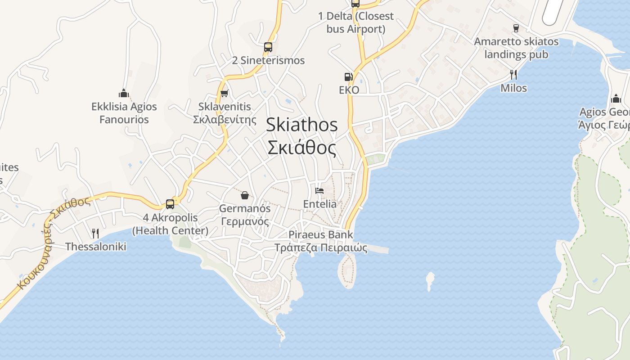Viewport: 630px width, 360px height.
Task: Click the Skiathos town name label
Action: pyautogui.click(x=301, y=125)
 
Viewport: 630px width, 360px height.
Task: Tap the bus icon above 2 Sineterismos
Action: pyautogui.click(x=268, y=47)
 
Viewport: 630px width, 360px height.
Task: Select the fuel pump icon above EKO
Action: pyautogui.click(x=348, y=77)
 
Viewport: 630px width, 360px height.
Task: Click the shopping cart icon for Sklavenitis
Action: pyautogui.click(x=224, y=94)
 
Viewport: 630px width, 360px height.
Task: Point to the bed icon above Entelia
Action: pyautogui.click(x=319, y=191)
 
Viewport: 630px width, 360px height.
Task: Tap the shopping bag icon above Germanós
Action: pyautogui.click(x=245, y=195)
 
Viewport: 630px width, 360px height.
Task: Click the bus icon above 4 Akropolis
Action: pyautogui.click(x=170, y=204)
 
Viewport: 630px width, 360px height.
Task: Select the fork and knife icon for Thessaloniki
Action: pyautogui.click(x=95, y=233)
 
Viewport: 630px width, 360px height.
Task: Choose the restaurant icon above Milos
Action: pyautogui.click(x=513, y=75)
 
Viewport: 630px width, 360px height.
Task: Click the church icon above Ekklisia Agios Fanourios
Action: pyautogui.click(x=124, y=94)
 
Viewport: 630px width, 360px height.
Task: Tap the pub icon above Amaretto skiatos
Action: pyautogui.click(x=516, y=28)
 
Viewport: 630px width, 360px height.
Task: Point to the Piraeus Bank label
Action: pyautogui.click(x=321, y=234)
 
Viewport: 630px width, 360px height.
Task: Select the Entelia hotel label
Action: pyautogui.click(x=319, y=204)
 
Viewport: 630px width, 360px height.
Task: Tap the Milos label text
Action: pyautogui.click(x=513, y=88)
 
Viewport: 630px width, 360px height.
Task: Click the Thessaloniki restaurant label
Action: pyautogui.click(x=96, y=247)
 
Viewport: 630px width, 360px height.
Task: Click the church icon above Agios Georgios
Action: pyautogui.click(x=616, y=99)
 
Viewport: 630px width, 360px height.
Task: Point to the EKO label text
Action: pyautogui.click(x=349, y=90)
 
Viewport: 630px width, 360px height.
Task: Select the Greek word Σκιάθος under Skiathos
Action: pyautogui.click(x=301, y=148)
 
